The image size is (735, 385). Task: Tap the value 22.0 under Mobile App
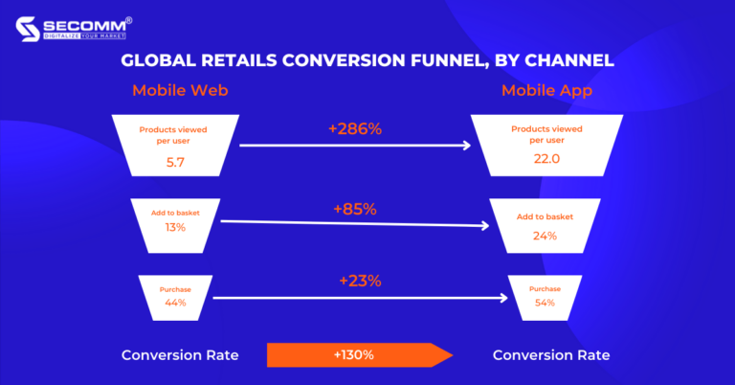[x=546, y=159]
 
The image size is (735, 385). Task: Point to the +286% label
[x=355, y=128]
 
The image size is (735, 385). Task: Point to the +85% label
[x=355, y=208]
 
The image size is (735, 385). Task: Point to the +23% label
[x=360, y=281]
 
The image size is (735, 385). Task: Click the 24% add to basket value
[x=546, y=236]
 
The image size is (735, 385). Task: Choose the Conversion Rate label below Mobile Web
[x=179, y=355]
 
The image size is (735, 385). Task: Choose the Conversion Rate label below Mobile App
[x=550, y=355]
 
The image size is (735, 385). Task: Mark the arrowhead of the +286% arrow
[x=467, y=146]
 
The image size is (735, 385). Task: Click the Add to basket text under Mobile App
[x=546, y=216]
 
